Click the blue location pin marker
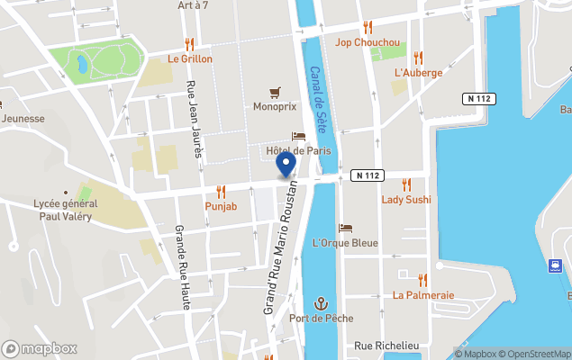tap(286, 165)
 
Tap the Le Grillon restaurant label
tap(190, 59)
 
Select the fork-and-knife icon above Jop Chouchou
tap(368, 27)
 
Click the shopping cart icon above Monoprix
tap(275, 92)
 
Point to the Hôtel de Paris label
tap(298, 150)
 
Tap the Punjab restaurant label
tap(221, 206)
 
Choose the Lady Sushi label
tap(406, 199)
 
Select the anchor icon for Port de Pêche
tap(321, 303)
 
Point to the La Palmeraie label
tap(423, 294)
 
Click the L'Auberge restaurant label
tap(418, 73)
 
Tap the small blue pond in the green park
tap(83, 64)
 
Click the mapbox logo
tap(40, 348)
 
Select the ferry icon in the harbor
tap(557, 265)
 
